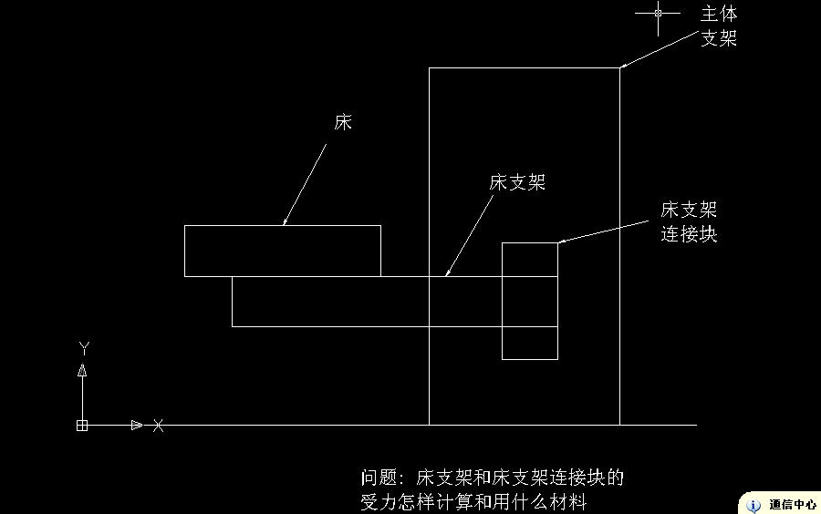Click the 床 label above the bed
343,122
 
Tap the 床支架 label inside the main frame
517,182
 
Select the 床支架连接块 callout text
689,221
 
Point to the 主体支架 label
719,26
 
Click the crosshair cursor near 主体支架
658,13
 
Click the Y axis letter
84,348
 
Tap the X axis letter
158,425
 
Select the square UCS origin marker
82,426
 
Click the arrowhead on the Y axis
82,370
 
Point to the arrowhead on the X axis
137,425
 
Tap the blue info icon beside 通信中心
753,506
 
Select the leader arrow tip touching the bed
284,224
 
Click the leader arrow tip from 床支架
445,275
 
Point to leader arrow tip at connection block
558,242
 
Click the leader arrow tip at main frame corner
621,67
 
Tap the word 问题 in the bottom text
379,478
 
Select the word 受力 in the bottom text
379,502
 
